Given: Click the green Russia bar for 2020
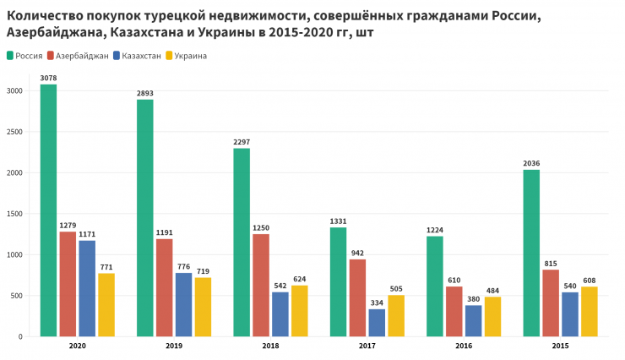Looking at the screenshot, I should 48,210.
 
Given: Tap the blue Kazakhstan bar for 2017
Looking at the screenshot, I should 377,322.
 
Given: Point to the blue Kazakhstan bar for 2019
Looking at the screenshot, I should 183,304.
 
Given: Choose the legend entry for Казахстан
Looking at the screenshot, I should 137,56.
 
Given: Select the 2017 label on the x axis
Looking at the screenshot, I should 367,346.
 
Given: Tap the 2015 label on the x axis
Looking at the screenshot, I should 560,346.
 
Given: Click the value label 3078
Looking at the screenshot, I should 48,78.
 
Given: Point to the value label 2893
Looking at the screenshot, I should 145,93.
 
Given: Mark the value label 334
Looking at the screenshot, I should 377,303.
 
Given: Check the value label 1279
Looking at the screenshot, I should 68,226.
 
